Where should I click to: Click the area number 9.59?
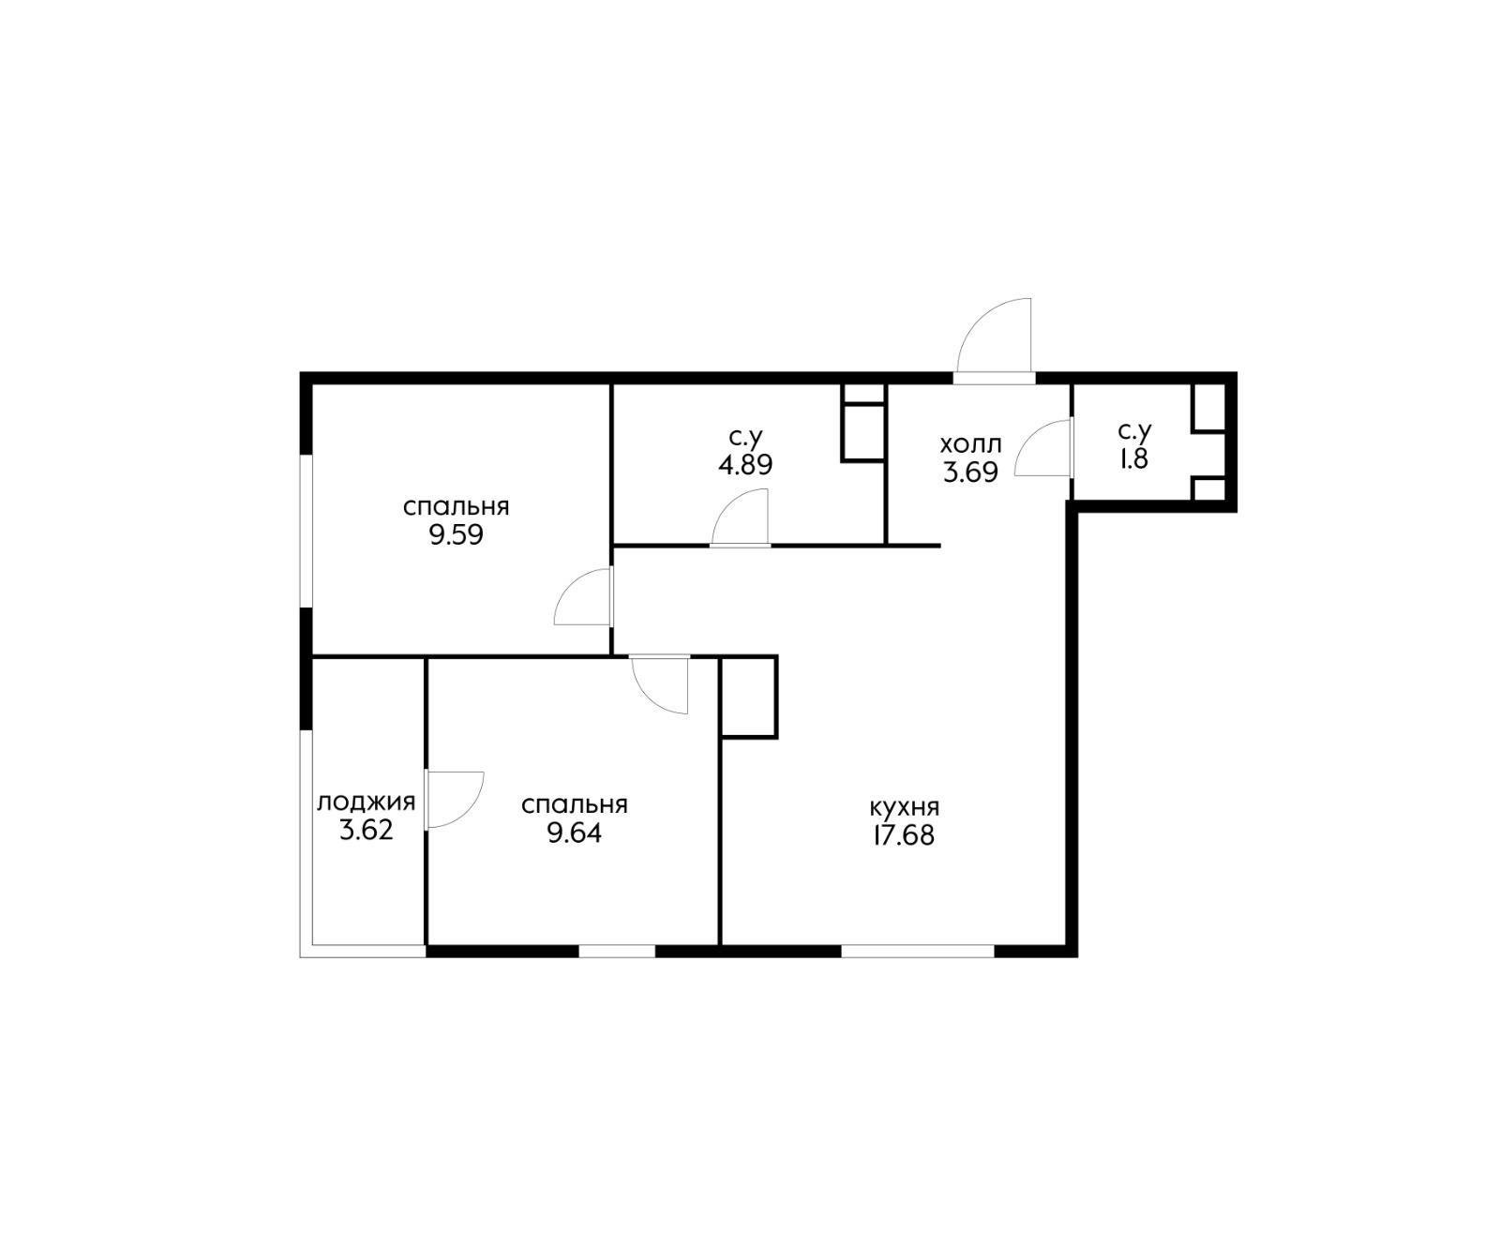456,536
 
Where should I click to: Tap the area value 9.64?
574,833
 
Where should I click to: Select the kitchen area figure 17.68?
904,835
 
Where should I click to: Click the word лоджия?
366,803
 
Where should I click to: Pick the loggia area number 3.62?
367,831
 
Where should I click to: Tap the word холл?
970,443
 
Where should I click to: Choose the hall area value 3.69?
970,472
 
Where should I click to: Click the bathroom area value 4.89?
745,465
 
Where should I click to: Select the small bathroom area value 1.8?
1133,460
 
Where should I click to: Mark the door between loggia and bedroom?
454,800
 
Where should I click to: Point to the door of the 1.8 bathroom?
1042,448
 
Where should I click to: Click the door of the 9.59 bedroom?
583,596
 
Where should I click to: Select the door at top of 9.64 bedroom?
660,684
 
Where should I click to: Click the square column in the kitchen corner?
748,697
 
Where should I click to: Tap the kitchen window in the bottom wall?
917,951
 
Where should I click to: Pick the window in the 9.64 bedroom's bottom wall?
616,951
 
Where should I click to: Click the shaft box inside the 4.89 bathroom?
863,422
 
